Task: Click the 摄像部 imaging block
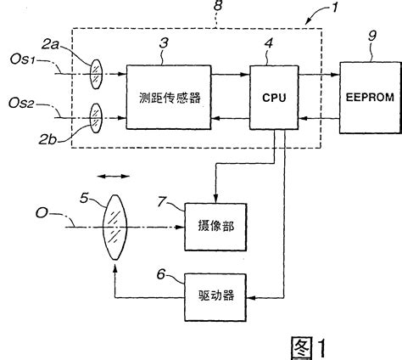click(212, 227)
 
